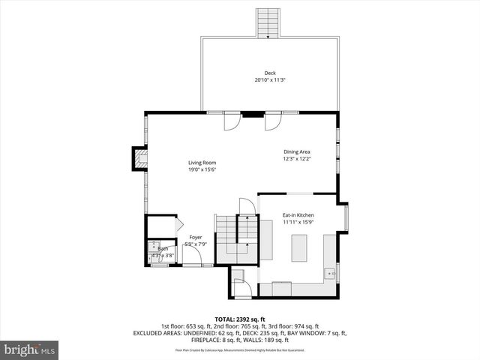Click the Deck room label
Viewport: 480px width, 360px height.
(270, 73)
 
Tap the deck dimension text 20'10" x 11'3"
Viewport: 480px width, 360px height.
(270, 79)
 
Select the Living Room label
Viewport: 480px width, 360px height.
(202, 163)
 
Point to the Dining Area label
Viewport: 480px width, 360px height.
(298, 151)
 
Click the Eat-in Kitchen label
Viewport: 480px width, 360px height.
(298, 214)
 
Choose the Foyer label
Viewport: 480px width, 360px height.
(195, 238)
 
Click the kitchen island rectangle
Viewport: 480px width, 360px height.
(298, 247)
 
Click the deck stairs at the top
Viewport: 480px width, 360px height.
(267, 23)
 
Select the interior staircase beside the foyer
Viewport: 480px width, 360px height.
(236, 238)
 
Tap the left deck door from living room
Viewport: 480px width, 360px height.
(232, 120)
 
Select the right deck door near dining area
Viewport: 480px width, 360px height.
(273, 120)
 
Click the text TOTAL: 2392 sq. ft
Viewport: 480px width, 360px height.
(240, 319)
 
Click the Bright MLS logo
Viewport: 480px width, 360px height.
(30, 349)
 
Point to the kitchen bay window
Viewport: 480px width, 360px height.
(346, 220)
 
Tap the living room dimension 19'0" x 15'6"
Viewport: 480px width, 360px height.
(202, 169)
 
